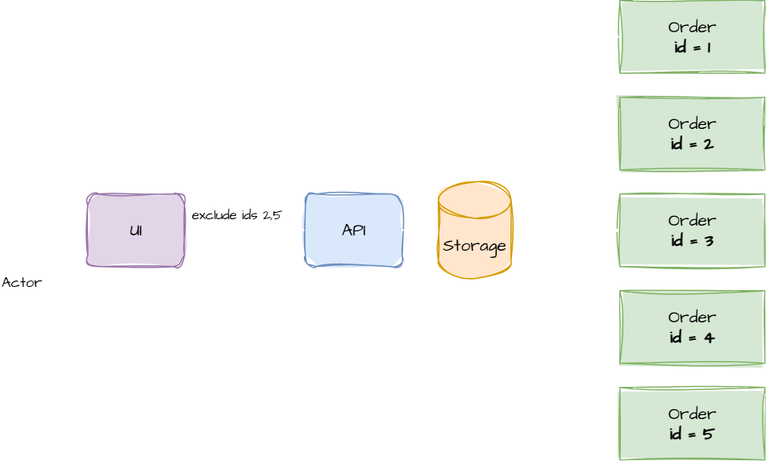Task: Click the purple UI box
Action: click(135, 230)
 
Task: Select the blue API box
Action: click(353, 230)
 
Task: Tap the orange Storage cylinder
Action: click(474, 231)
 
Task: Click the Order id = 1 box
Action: click(691, 37)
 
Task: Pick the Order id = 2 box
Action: click(691, 134)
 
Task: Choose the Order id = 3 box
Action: click(691, 230)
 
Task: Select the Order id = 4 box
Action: click(691, 327)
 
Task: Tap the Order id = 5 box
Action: click(691, 424)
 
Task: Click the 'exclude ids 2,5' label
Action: click(237, 215)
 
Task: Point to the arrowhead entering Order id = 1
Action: click(614, 37)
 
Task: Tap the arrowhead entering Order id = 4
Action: click(614, 327)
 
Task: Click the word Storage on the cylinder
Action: click(474, 246)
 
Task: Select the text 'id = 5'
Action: click(691, 434)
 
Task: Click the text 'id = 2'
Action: click(691, 143)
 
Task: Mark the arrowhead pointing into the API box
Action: click(299, 230)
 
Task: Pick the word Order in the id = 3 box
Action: click(692, 221)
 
